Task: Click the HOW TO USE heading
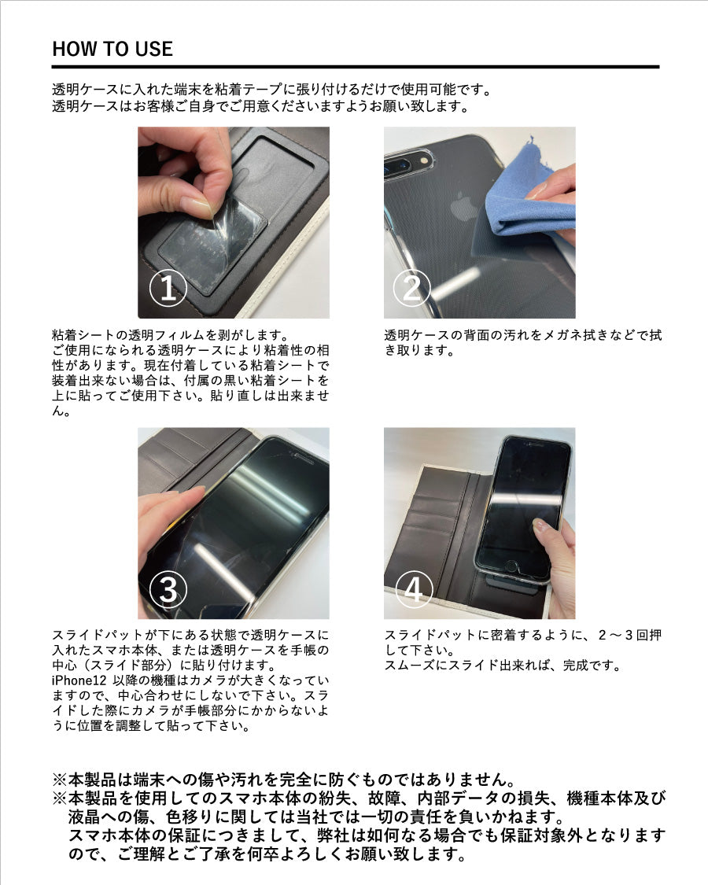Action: pyautogui.click(x=112, y=49)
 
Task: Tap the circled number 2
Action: pyautogui.click(x=411, y=287)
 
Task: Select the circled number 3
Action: pyautogui.click(x=168, y=589)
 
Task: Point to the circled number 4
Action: pyautogui.click(x=414, y=589)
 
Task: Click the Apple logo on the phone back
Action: pyautogui.click(x=463, y=207)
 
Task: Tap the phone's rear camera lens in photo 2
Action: pyautogui.click(x=399, y=165)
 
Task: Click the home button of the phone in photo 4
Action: pyautogui.click(x=511, y=566)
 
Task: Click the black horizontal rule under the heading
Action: pyautogui.click(x=356, y=67)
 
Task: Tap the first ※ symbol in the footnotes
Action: pyautogui.click(x=60, y=780)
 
